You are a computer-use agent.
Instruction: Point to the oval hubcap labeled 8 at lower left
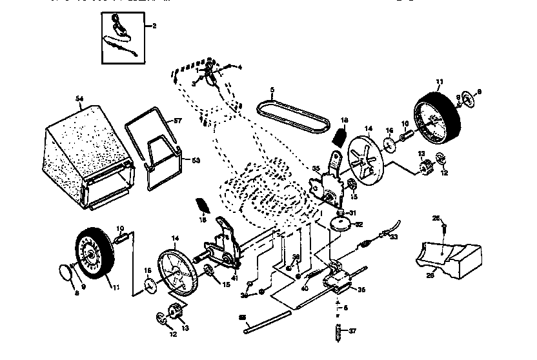click(63, 271)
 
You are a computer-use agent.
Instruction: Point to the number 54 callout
click(80, 99)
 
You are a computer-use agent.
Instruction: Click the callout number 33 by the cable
click(394, 237)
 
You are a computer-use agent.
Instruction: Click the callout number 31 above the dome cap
click(352, 214)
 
